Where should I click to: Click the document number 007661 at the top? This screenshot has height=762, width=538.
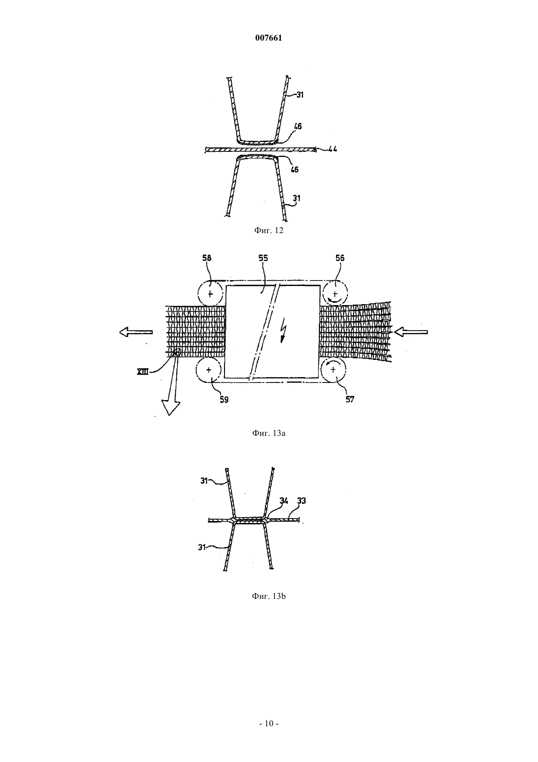pyautogui.click(x=269, y=38)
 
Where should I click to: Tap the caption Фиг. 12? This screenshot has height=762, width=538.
pyautogui.click(x=269, y=230)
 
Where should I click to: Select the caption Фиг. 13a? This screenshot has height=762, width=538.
pyautogui.click(x=269, y=433)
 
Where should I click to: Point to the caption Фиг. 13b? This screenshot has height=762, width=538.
pyautogui.click(x=269, y=596)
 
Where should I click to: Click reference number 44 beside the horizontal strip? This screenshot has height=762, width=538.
pyautogui.click(x=332, y=149)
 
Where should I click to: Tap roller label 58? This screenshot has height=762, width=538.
pyautogui.click(x=206, y=258)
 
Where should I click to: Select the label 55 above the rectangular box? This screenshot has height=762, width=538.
pyautogui.click(x=263, y=258)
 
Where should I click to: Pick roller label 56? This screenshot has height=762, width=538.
pyautogui.click(x=339, y=258)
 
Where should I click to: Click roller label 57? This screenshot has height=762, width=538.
pyautogui.click(x=350, y=399)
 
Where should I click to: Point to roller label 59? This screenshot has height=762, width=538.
pyautogui.click(x=224, y=399)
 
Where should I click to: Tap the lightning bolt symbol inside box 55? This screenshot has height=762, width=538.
pyautogui.click(x=283, y=333)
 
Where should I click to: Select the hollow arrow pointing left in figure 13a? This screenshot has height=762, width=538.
pyautogui.click(x=136, y=332)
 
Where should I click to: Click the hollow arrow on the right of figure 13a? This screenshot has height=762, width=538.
pyautogui.click(x=411, y=332)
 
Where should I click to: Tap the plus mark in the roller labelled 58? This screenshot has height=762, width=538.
pyautogui.click(x=210, y=293)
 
